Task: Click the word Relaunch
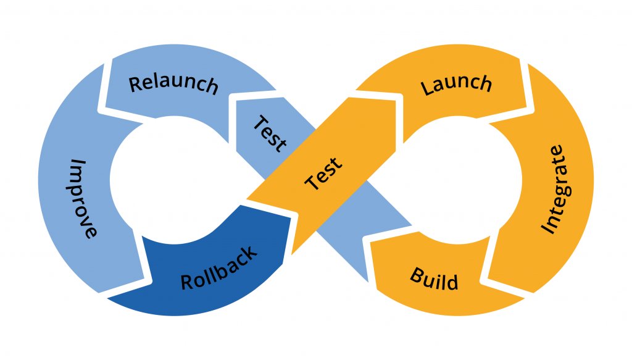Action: (x=173, y=84)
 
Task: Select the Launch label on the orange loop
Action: (x=457, y=85)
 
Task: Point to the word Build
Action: (x=434, y=279)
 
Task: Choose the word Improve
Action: (x=83, y=198)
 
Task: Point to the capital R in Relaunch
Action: (x=136, y=83)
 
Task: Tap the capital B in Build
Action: (x=416, y=274)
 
